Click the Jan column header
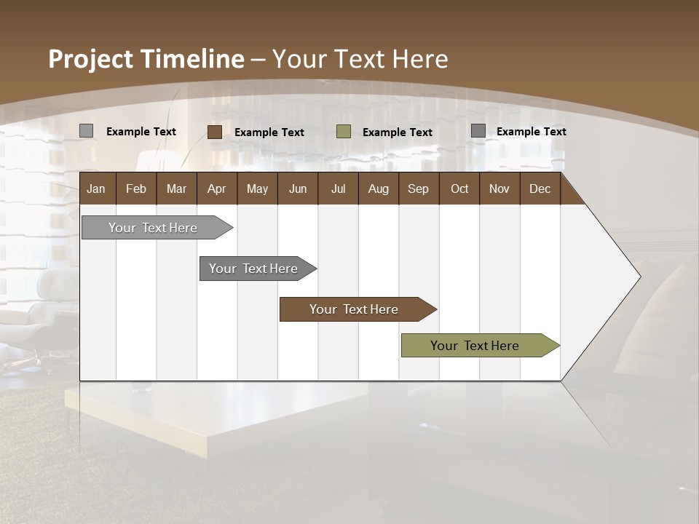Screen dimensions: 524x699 tap(96, 188)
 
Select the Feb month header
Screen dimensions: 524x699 tap(136, 188)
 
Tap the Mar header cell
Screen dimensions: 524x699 tap(176, 188)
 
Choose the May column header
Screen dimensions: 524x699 tap(257, 188)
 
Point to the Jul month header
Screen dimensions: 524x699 tap(338, 188)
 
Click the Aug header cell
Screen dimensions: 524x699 tap(378, 188)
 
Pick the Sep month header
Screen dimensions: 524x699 tap(418, 188)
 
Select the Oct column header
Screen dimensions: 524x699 tap(459, 188)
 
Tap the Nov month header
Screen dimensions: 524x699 tap(499, 188)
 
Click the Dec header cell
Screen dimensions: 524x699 tap(540, 188)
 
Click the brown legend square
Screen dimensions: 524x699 tap(215, 132)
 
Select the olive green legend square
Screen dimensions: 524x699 tap(344, 132)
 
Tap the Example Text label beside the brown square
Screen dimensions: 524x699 tap(269, 132)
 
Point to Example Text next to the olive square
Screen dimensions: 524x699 tap(398, 132)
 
